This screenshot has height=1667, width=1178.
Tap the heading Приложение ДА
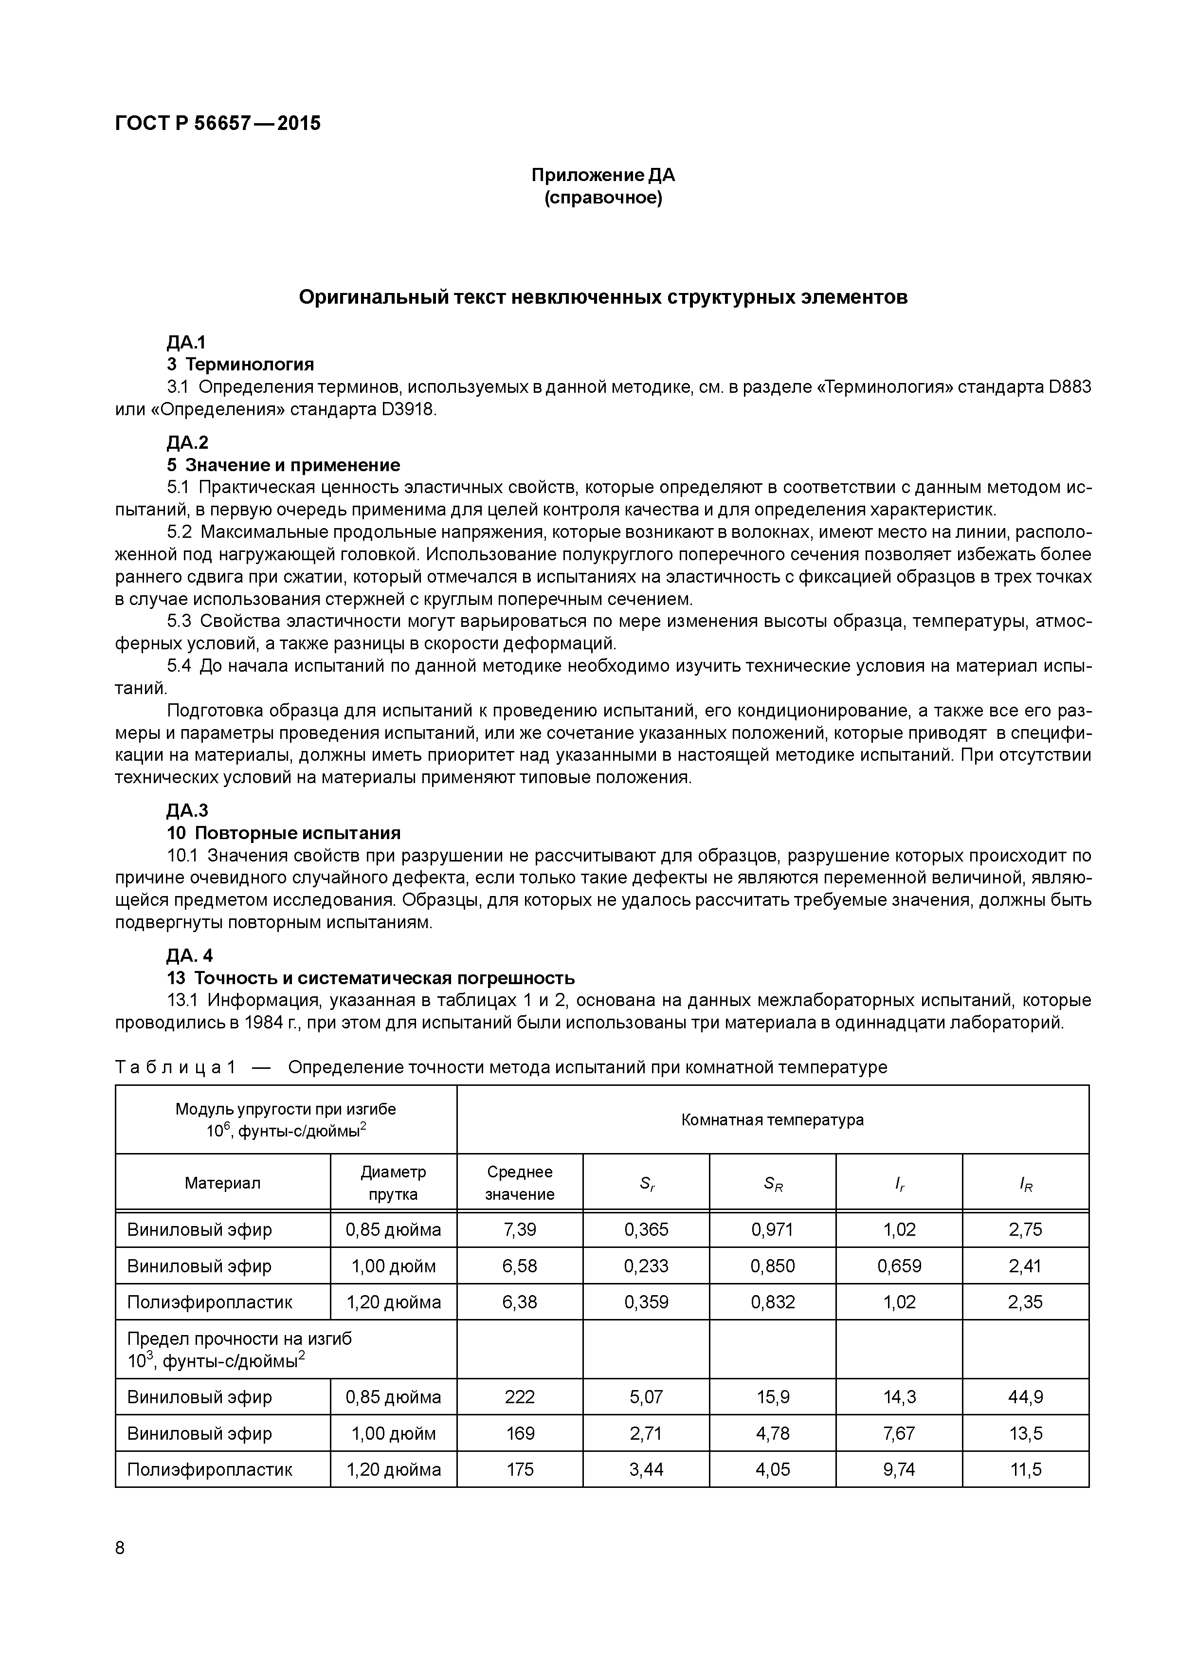(x=603, y=175)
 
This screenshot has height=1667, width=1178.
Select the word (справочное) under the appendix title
(x=603, y=198)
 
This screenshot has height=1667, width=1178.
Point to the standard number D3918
(x=407, y=409)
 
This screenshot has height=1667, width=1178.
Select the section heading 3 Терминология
(x=240, y=365)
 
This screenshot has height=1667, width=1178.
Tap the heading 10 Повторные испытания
(x=283, y=833)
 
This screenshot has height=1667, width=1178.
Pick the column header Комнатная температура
(x=772, y=1119)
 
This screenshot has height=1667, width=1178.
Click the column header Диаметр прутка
(x=393, y=1183)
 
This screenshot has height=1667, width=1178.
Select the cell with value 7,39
(x=520, y=1229)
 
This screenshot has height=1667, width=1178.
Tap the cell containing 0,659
(x=899, y=1265)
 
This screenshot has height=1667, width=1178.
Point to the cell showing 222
(x=520, y=1396)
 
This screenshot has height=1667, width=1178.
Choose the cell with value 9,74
(x=899, y=1469)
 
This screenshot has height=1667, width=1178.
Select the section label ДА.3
(x=187, y=810)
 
